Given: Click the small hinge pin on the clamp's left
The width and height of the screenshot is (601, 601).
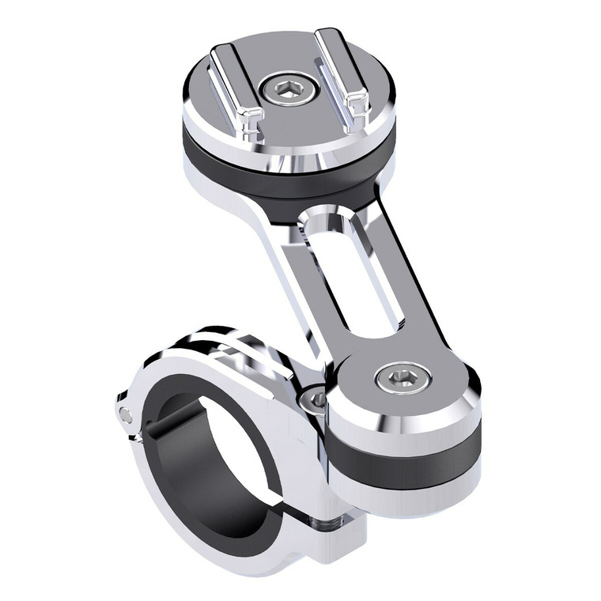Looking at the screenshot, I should [125, 414].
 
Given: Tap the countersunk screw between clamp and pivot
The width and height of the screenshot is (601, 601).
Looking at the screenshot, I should [317, 399].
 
